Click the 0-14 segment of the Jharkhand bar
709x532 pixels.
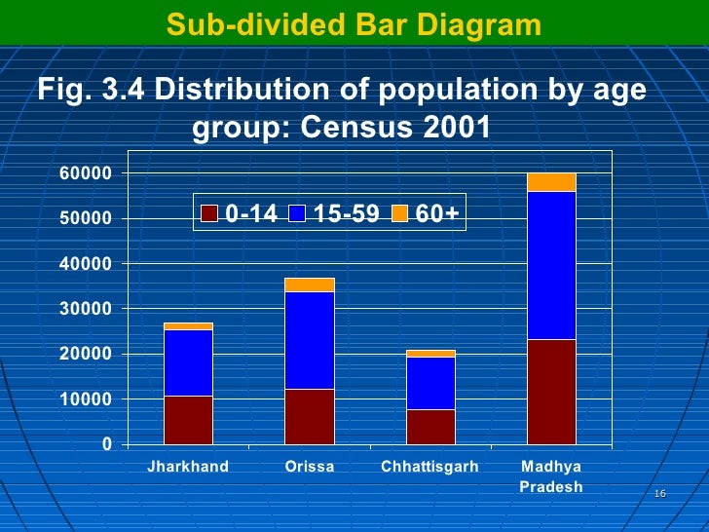coord(188,420)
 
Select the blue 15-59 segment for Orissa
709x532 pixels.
coord(309,340)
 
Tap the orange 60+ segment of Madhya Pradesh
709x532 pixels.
coord(550,182)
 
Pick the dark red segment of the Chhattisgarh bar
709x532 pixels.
coord(429,427)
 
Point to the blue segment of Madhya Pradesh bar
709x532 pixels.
coord(550,265)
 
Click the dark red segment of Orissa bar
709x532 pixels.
coord(309,417)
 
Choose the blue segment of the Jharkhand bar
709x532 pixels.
coord(188,362)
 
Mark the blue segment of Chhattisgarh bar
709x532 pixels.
coord(429,383)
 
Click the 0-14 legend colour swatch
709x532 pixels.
coord(209,213)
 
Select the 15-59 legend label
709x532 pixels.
coord(346,213)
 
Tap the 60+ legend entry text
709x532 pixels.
coord(436,213)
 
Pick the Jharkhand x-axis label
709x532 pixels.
coord(188,467)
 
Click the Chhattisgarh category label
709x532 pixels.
coord(429,467)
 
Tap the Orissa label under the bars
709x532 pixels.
coord(309,467)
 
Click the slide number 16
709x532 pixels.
coord(659,495)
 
